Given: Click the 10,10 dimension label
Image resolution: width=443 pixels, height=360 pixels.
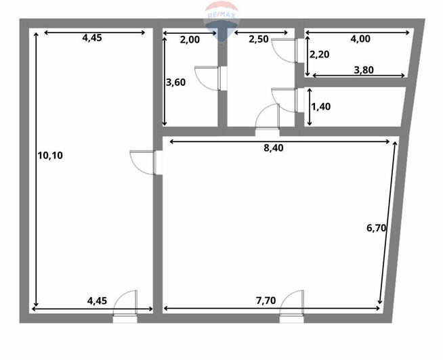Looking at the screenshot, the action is [x=50, y=155].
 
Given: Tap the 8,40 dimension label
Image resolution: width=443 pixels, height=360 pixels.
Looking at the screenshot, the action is [x=273, y=148].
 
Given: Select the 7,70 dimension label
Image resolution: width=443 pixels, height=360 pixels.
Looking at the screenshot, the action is [x=266, y=300].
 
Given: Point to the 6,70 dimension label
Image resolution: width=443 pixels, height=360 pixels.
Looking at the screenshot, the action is [x=377, y=227].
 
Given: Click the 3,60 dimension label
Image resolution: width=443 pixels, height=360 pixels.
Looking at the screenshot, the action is [x=175, y=83].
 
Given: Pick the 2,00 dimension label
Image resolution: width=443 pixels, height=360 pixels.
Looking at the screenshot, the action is [x=190, y=40].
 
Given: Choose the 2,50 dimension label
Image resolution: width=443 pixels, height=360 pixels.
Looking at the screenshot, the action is [x=259, y=39].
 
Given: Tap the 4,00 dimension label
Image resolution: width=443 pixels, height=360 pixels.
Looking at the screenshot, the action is [x=360, y=39].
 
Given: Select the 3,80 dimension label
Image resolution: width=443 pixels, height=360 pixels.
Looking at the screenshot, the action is [x=364, y=70].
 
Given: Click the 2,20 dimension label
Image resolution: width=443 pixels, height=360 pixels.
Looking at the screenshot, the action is [x=320, y=54].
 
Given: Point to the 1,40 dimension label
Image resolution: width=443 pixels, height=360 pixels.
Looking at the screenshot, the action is [x=320, y=107].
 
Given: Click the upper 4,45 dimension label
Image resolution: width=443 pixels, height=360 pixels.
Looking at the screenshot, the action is [x=92, y=38].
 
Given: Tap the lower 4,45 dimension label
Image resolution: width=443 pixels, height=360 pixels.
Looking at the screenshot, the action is [x=97, y=300].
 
